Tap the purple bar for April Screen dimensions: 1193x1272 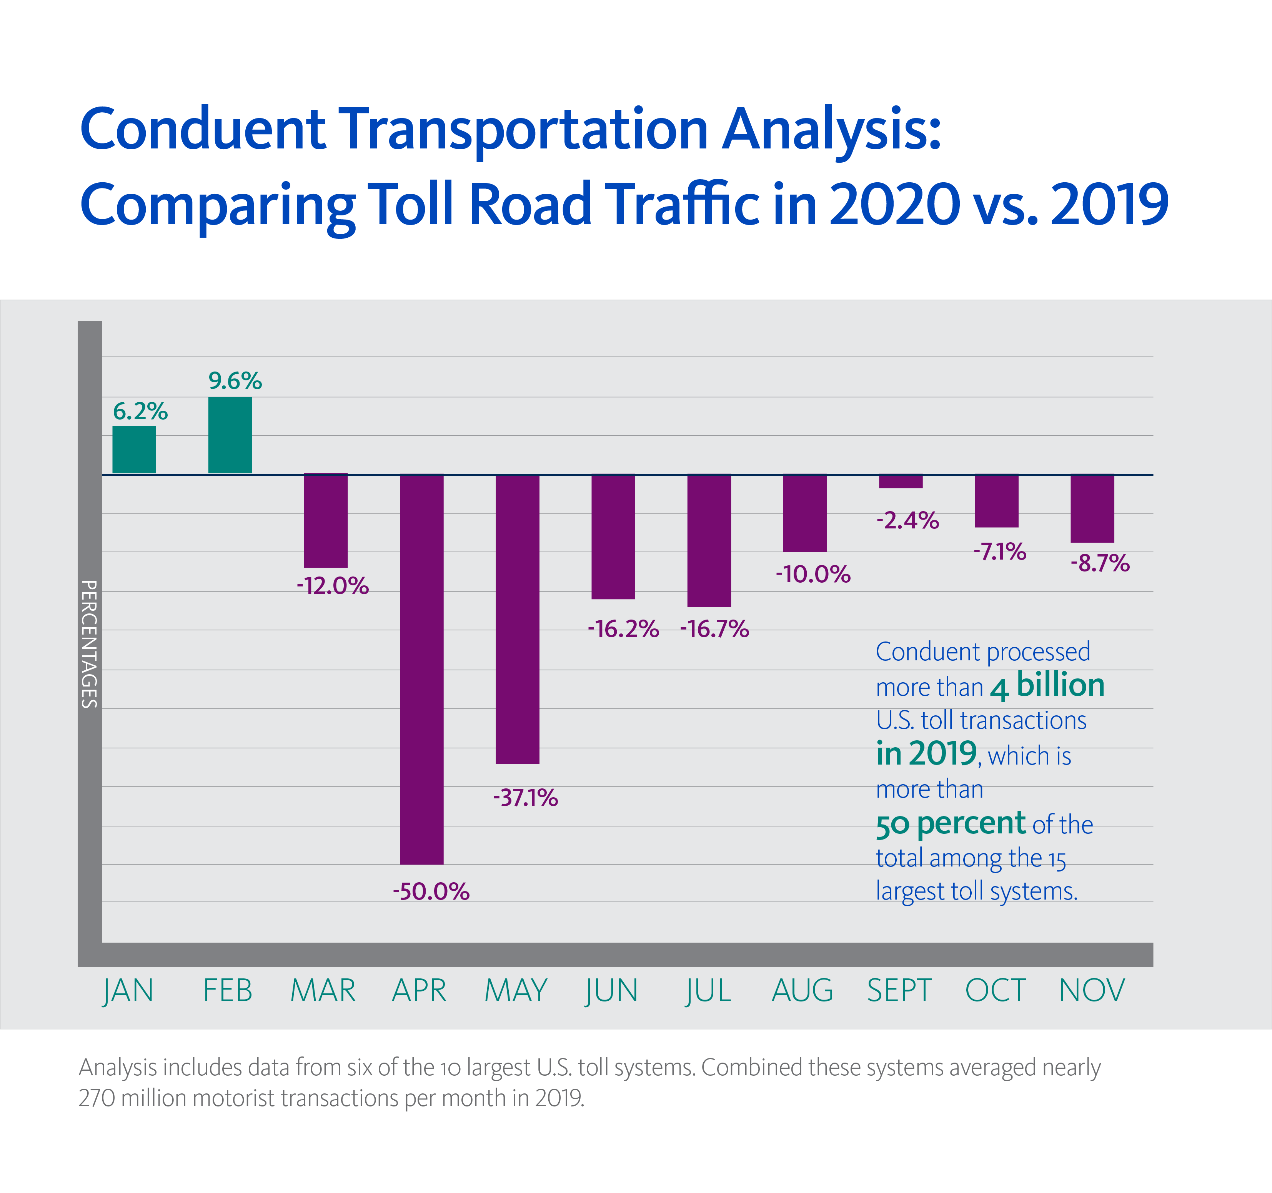[x=422, y=669]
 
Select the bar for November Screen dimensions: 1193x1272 [x=1092, y=508]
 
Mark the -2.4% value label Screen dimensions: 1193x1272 [x=907, y=520]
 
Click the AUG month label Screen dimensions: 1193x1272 [x=802, y=991]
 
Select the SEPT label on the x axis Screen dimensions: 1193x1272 [x=899, y=991]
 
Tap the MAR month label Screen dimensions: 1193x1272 [x=323, y=991]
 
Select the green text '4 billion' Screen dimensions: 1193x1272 [x=1047, y=685]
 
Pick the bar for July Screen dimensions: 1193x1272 [x=709, y=541]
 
